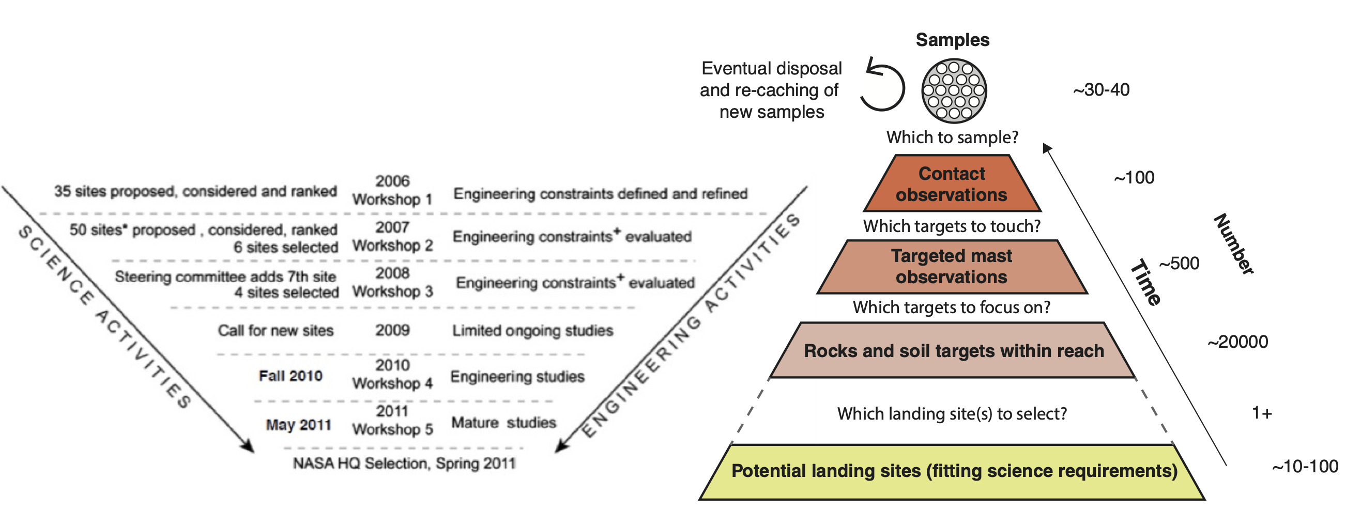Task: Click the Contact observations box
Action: [x=952, y=184]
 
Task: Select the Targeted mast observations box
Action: [x=952, y=267]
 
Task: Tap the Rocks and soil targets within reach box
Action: [x=953, y=351]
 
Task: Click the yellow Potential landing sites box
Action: [x=953, y=471]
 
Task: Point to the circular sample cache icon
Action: [x=954, y=90]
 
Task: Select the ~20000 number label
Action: [x=1237, y=342]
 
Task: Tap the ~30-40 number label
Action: [x=1101, y=90]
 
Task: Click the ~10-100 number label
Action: [x=1305, y=467]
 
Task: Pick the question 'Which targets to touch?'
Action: [x=952, y=226]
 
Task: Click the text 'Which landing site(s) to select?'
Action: [x=952, y=413]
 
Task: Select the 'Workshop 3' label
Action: [x=392, y=291]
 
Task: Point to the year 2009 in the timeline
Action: [x=392, y=330]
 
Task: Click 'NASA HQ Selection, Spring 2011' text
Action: [x=404, y=463]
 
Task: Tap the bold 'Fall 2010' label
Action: [x=290, y=376]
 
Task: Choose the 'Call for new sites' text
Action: [x=276, y=331]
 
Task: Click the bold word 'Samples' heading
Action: [x=953, y=40]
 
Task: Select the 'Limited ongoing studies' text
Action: [x=532, y=331]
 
